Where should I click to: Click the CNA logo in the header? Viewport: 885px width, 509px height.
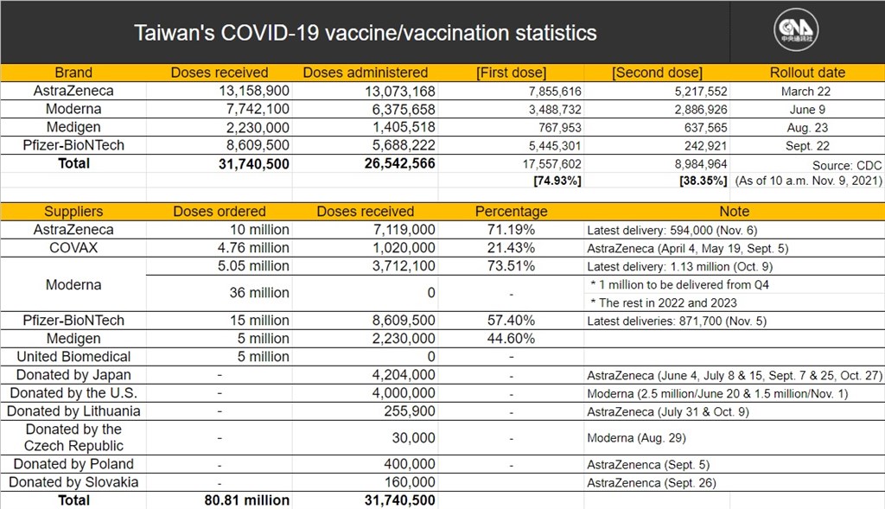pos(796,29)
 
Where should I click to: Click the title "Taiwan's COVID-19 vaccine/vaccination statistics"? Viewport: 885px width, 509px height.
pos(366,33)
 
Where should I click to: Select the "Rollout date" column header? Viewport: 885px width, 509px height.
pos(807,73)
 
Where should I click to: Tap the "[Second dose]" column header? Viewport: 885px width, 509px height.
pos(657,73)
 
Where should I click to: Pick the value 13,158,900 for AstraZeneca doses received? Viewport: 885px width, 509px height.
pos(254,91)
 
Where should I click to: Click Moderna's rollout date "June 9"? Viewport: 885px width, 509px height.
pos(807,110)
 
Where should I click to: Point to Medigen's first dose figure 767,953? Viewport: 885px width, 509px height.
pos(559,128)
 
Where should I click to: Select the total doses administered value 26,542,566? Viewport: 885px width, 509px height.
pos(399,163)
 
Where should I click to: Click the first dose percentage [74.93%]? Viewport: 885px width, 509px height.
pos(557,181)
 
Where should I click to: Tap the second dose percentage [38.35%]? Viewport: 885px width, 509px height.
pos(704,181)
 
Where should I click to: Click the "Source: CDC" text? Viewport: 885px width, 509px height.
pos(847,165)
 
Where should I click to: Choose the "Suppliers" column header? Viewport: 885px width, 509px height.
pos(73,211)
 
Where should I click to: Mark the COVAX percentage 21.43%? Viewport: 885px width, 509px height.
pos(511,248)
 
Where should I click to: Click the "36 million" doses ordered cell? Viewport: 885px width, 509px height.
pos(259,292)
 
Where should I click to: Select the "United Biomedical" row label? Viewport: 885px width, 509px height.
pos(73,357)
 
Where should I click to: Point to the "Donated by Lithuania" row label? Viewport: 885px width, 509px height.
pos(73,410)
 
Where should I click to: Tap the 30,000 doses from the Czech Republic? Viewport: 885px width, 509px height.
pos(414,438)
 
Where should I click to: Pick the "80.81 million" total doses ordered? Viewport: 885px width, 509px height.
pos(246,500)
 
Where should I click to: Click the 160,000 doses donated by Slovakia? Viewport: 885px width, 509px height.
pos(410,482)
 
